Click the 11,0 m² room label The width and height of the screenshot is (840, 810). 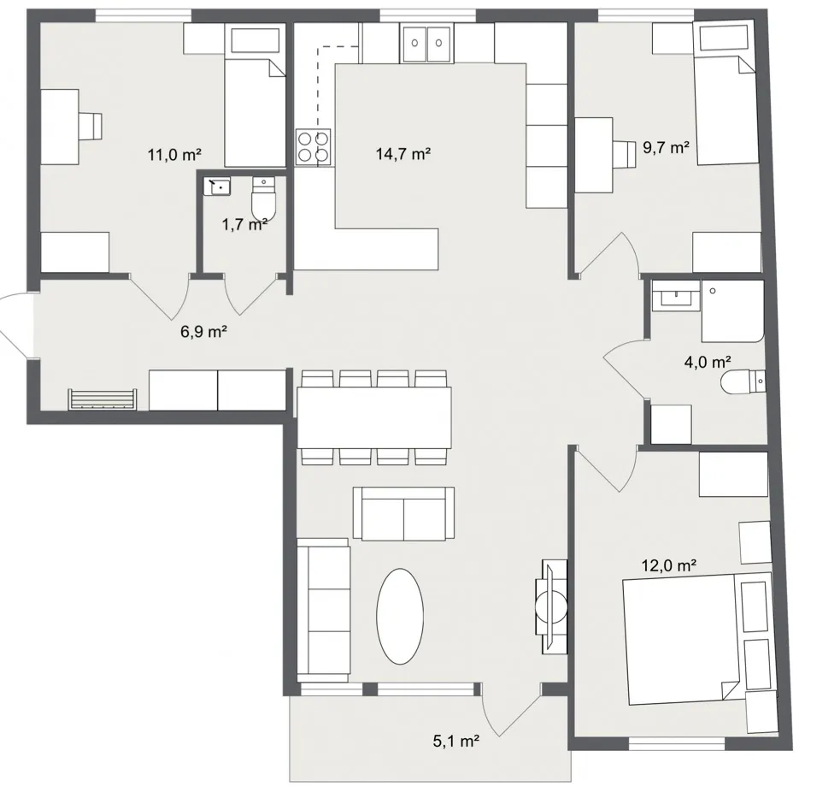coord(174,155)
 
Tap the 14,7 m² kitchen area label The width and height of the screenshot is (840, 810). coord(402,154)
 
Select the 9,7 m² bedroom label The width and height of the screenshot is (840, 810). coord(666,147)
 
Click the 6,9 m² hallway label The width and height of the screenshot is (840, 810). coord(203,331)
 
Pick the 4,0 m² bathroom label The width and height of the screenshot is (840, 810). coord(708,362)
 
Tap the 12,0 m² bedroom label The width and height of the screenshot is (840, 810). coord(669,565)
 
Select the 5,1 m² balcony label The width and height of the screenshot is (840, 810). coord(455,742)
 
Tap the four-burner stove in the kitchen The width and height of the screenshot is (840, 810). coord(313,146)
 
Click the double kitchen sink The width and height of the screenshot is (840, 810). coord(426,42)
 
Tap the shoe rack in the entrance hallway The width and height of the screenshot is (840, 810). coord(103,399)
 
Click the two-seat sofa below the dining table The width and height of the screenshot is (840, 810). coord(403,513)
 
